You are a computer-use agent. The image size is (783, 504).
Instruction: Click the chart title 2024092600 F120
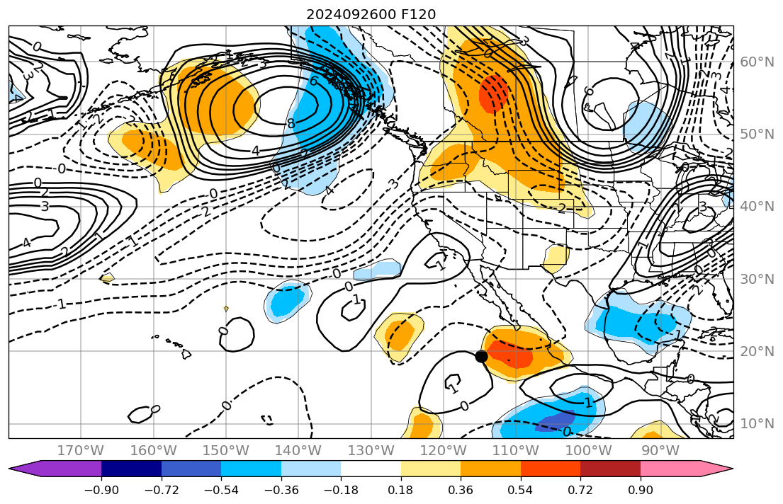(371, 14)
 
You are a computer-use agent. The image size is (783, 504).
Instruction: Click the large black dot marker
(481, 356)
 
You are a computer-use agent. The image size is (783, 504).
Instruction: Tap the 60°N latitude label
(757, 62)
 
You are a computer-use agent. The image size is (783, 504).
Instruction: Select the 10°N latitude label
(757, 423)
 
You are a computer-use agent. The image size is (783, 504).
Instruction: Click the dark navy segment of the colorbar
(131, 469)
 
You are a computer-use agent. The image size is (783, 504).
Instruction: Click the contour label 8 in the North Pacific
(291, 124)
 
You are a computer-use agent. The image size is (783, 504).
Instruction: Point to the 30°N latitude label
(757, 279)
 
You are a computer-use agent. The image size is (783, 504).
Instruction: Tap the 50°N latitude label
(757, 134)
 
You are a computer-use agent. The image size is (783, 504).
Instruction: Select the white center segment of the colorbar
(371, 469)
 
